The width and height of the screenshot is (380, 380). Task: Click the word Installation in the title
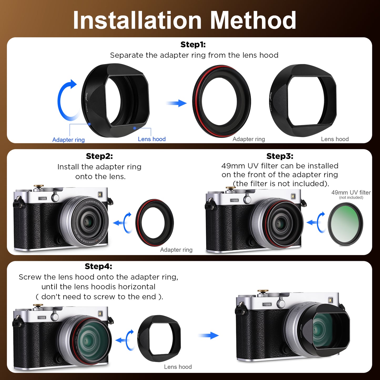[x=137, y=20]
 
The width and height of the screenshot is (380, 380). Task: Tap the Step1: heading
[x=193, y=45]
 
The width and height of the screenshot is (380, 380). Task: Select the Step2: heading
[x=99, y=156]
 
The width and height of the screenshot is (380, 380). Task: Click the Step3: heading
[x=280, y=156]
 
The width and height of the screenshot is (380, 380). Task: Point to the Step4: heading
[x=98, y=266]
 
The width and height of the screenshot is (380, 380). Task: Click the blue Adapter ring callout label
[x=68, y=140]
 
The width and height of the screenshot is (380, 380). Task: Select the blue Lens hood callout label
[x=152, y=139]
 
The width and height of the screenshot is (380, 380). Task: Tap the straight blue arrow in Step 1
[x=176, y=103]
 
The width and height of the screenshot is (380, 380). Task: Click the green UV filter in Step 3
[x=345, y=224]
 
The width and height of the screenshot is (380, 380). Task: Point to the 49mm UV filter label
[x=351, y=192]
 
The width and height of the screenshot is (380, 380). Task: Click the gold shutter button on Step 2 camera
[x=39, y=186]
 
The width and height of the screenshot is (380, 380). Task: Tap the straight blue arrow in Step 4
[x=209, y=335]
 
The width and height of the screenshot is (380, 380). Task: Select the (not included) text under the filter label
[x=351, y=197]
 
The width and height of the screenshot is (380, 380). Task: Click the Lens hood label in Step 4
[x=178, y=367]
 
